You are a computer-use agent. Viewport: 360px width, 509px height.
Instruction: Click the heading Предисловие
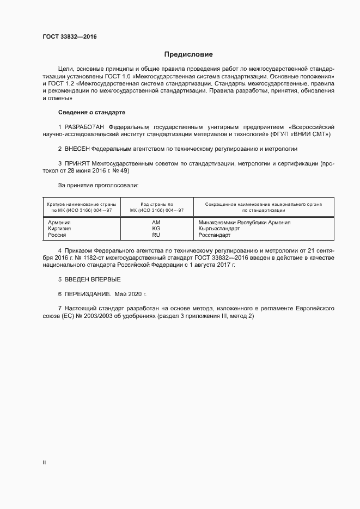[188, 54]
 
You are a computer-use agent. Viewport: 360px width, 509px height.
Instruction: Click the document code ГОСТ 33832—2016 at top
[70, 37]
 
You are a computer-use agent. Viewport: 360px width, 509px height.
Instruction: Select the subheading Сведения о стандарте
[91, 112]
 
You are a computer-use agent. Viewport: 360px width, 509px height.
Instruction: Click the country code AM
[156, 223]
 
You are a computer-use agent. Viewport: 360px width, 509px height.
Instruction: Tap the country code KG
[156, 229]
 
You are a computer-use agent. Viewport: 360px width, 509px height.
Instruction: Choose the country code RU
[156, 236]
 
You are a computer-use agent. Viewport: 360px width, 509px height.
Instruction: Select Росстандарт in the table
[215, 236]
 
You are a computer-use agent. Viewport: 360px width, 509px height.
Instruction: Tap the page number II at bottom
[44, 462]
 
